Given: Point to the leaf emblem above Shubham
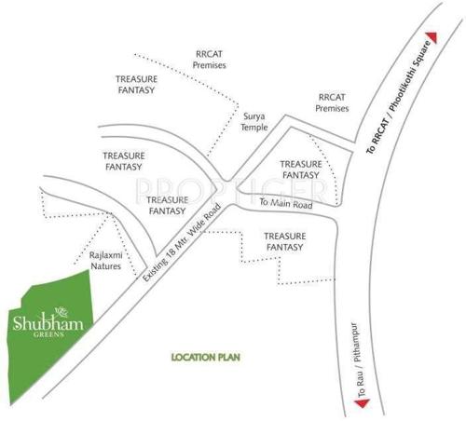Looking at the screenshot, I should coord(62,311).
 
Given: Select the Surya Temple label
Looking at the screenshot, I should coord(254,123).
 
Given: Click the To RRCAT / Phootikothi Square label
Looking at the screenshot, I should coord(398,97).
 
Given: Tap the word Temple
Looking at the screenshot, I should coord(254,129).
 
